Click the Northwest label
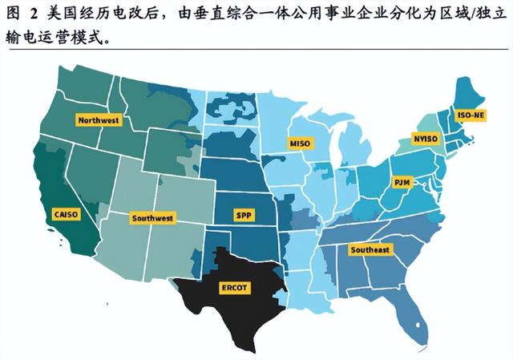point(99,120)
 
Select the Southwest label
point(152,217)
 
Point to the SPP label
point(244,216)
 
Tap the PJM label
point(402,183)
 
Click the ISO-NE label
point(471,115)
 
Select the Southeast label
point(370,249)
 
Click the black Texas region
point(232,309)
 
